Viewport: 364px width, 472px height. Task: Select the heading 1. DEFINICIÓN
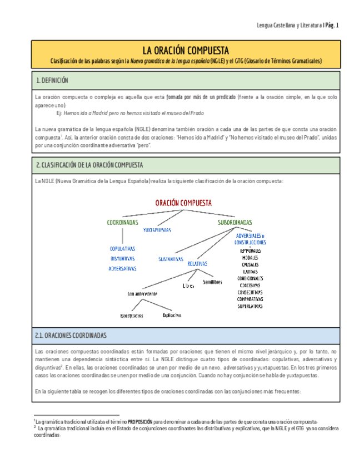coord(52,81)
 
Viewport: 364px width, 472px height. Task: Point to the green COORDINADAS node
coord(122,222)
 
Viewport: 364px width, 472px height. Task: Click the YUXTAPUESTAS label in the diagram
coord(157,229)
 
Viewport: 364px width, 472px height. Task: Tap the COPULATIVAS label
coord(122,249)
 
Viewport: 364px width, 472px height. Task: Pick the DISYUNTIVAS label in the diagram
coord(122,258)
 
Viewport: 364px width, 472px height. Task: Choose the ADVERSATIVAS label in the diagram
coord(122,268)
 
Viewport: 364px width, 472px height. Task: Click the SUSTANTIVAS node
coord(171,259)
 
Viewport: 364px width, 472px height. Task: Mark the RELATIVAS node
coord(197,264)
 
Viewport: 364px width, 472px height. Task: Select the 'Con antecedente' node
coord(143,293)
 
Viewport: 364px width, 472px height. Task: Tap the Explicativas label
coord(172,315)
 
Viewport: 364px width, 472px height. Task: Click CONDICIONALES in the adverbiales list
coord(250,278)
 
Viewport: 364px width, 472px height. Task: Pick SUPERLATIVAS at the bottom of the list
coord(250,306)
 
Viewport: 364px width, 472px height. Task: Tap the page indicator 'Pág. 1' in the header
coord(332,25)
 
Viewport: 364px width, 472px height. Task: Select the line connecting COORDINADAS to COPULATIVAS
coord(122,235)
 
